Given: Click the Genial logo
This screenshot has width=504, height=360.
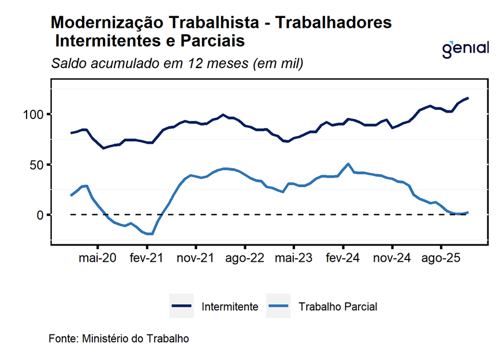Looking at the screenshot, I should coord(465,49).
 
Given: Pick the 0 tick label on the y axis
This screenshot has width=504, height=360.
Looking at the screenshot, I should coord(40,215).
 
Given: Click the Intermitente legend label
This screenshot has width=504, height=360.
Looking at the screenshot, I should coord(229,307).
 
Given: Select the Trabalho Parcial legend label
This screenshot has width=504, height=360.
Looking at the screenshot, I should coord(338,307).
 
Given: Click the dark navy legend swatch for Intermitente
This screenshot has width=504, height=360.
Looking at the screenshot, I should coord(181,306).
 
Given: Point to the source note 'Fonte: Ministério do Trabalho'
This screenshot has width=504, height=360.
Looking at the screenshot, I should coord(118,338).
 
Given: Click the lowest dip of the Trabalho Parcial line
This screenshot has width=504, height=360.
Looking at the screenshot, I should coord(150,234).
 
